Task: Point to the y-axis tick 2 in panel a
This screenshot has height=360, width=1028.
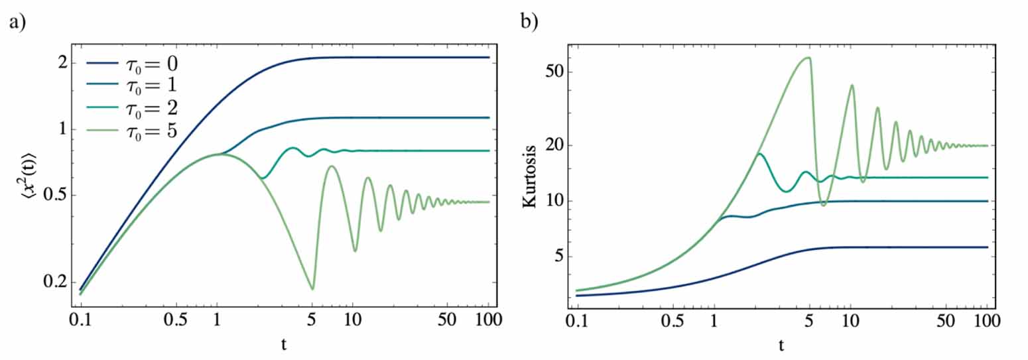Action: point(62,63)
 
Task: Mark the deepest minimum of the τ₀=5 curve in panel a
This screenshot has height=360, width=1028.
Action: point(312,289)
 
